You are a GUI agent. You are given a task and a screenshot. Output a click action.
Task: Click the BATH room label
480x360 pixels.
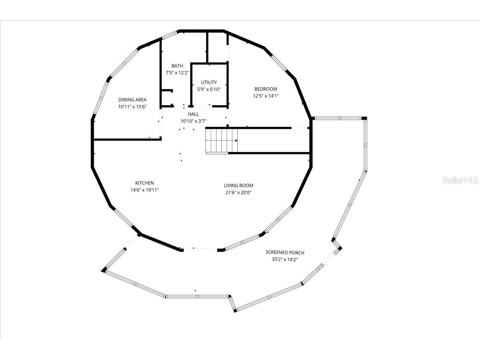(x=177, y=66)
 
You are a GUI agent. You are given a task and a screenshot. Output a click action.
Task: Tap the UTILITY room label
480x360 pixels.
(x=209, y=82)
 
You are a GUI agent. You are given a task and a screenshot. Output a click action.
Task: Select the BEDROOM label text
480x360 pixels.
(x=266, y=89)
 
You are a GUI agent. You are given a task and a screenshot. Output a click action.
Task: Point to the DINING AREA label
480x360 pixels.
(x=132, y=100)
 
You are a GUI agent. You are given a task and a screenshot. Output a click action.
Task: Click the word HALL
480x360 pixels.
(x=193, y=114)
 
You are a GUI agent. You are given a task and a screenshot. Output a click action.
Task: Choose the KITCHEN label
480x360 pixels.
(x=144, y=183)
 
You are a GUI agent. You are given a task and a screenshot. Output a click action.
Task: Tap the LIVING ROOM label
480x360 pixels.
(x=238, y=186)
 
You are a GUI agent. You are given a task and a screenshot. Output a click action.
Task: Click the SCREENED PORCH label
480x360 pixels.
(x=285, y=252)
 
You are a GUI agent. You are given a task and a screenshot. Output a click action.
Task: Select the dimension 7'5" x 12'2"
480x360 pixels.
(x=177, y=73)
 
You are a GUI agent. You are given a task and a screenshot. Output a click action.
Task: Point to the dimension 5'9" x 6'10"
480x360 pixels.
(x=209, y=89)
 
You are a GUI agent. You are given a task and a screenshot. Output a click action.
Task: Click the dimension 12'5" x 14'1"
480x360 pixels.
(x=266, y=96)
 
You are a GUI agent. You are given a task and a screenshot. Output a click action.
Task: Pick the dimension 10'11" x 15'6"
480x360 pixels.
(x=132, y=107)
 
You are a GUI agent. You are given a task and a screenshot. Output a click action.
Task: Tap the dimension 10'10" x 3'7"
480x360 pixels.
(x=193, y=121)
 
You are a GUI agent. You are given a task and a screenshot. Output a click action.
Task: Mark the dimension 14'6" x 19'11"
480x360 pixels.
(x=144, y=190)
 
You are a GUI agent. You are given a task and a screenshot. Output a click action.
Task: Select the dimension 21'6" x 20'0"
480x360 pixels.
(x=238, y=192)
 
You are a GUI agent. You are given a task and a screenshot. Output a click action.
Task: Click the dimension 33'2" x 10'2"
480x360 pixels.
(x=285, y=260)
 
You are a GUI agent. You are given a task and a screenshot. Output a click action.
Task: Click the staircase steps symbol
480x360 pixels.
(x=221, y=140)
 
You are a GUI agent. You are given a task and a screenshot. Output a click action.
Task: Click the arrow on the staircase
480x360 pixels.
(x=236, y=140)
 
